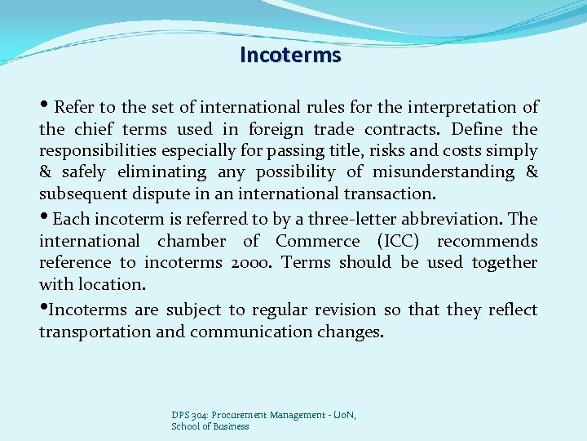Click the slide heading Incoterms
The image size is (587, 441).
pyautogui.click(x=291, y=55)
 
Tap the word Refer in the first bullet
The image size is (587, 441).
pyautogui.click(x=73, y=107)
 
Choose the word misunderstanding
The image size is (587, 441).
pyautogui.click(x=444, y=172)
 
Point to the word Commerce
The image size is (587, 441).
pyautogui.click(x=317, y=241)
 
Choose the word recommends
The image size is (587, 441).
pyautogui.click(x=488, y=241)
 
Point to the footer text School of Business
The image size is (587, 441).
pyautogui.click(x=210, y=426)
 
